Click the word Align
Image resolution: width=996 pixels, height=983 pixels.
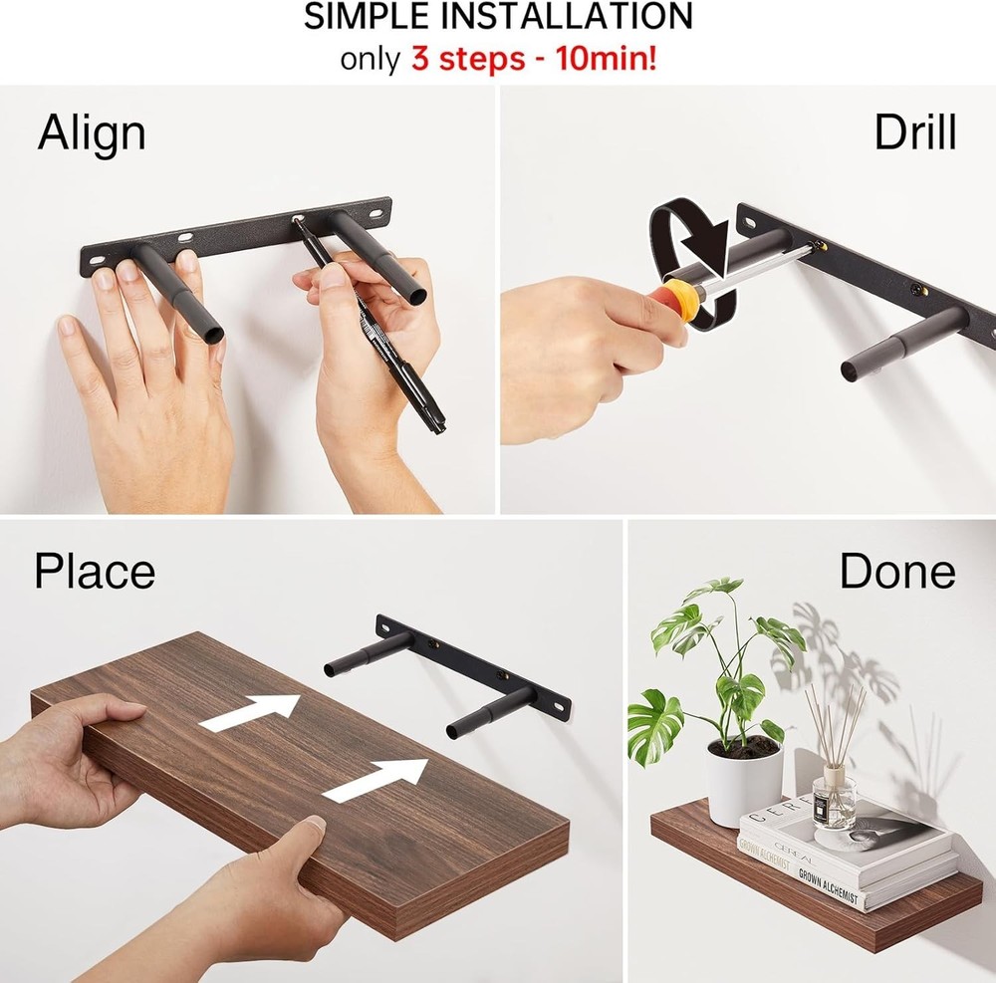pos(92,133)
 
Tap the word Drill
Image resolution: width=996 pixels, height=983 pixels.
pos(914,132)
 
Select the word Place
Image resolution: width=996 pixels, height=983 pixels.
pos(95,572)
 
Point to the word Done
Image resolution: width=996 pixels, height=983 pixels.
pos(896,572)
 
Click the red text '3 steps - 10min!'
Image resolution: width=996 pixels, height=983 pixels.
pos(534,58)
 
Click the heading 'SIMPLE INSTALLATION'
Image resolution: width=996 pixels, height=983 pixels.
pos(498,17)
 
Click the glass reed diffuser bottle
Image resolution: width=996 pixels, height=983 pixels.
pos(834,797)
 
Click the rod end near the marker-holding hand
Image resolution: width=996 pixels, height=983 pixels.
pos(416,296)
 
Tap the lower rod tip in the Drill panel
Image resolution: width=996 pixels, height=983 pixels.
pos(853,370)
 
